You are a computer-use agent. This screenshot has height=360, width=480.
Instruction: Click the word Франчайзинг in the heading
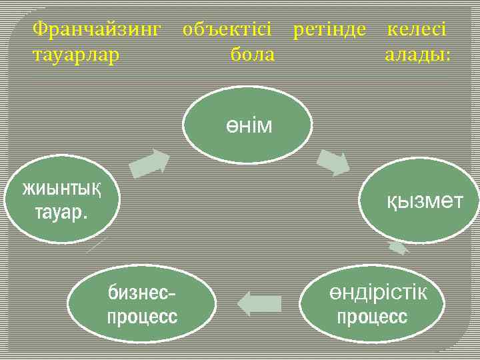pos(97,29)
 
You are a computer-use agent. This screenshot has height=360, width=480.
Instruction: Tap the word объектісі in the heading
pos(227,29)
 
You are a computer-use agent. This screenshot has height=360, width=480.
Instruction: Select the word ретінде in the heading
pos(329,29)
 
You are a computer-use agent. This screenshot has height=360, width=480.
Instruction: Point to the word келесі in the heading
pos(417,29)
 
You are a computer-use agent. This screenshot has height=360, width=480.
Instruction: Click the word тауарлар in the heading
pos(76,55)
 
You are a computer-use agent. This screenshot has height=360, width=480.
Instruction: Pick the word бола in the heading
pos(252,55)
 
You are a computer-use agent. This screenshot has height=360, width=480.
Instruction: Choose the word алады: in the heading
pos(418,55)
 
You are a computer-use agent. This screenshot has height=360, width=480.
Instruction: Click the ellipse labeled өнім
pos(247,124)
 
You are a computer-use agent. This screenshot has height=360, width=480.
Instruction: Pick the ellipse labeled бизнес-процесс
pos(142,303)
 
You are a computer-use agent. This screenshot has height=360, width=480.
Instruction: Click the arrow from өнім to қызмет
pos(333,163)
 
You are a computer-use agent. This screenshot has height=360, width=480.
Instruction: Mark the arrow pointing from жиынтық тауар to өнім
pos(149,164)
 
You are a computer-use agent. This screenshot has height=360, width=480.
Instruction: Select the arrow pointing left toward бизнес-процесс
pos(259,303)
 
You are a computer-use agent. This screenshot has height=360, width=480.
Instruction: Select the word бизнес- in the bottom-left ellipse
pos(142,292)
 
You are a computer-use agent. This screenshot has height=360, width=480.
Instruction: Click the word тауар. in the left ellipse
pos(60,213)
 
